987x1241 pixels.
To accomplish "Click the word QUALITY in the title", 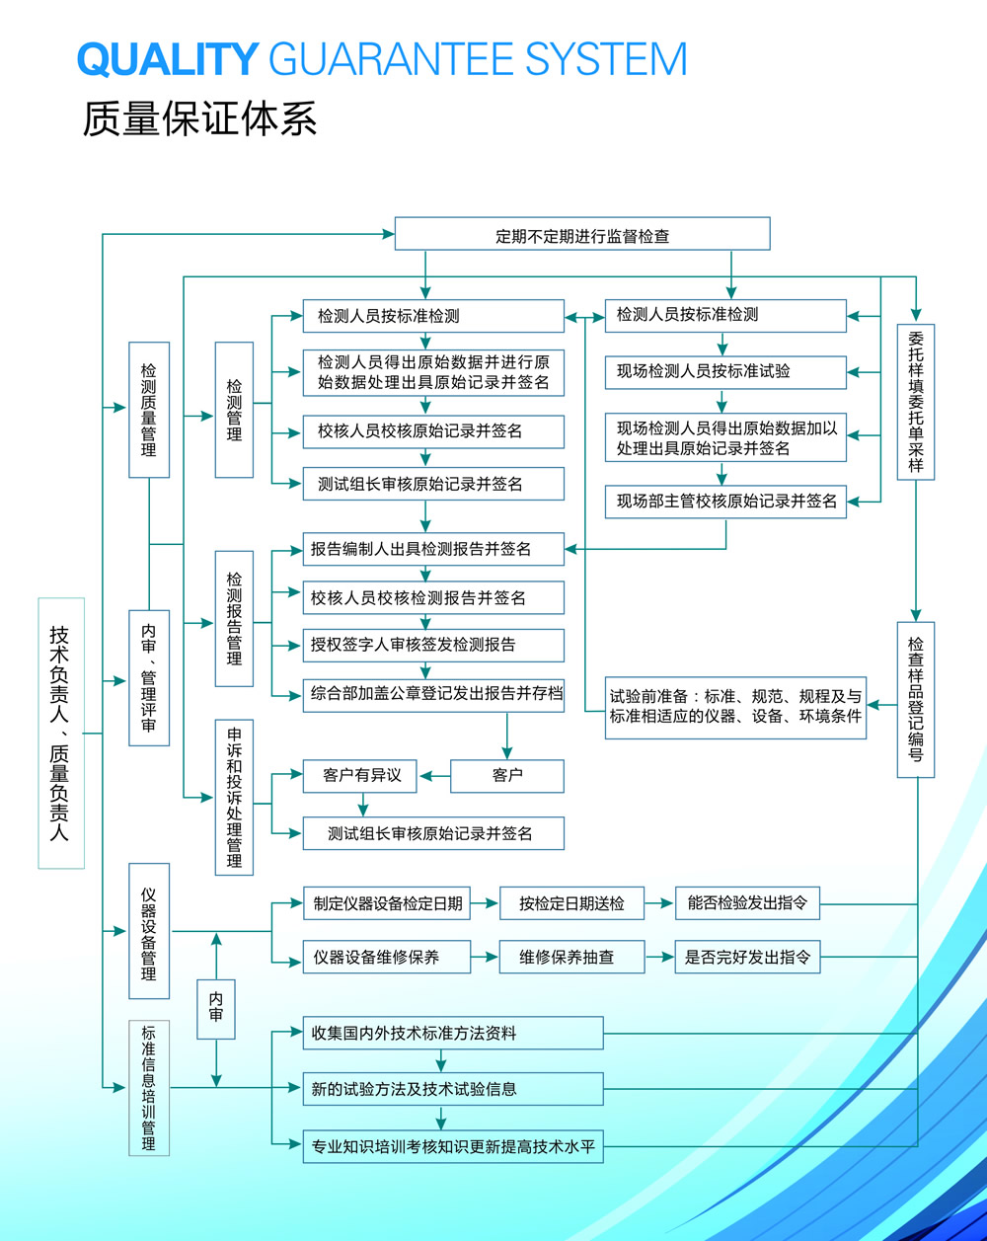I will click(168, 60).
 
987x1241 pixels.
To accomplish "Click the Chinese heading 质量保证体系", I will click(199, 119).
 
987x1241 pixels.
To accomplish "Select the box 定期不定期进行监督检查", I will click(582, 235).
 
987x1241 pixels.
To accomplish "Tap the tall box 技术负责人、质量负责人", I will click(61, 733).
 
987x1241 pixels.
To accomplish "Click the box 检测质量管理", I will click(149, 410).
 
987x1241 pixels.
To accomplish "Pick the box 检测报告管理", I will click(234, 618).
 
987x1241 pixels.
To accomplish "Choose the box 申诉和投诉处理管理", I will click(234, 798).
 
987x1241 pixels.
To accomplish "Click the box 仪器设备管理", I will click(149, 931).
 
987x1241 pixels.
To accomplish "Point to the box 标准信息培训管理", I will click(149, 1088).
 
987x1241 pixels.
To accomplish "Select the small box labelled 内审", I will click(216, 1008).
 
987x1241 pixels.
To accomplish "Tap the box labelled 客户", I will click(507, 776).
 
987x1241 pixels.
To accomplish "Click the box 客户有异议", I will click(360, 776).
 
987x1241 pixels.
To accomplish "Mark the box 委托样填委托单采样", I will click(916, 402).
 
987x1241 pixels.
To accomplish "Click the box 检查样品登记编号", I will click(916, 699).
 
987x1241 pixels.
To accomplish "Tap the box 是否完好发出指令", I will click(747, 957).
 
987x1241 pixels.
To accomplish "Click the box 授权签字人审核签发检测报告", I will click(433, 646).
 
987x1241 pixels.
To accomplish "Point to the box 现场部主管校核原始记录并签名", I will click(726, 502).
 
